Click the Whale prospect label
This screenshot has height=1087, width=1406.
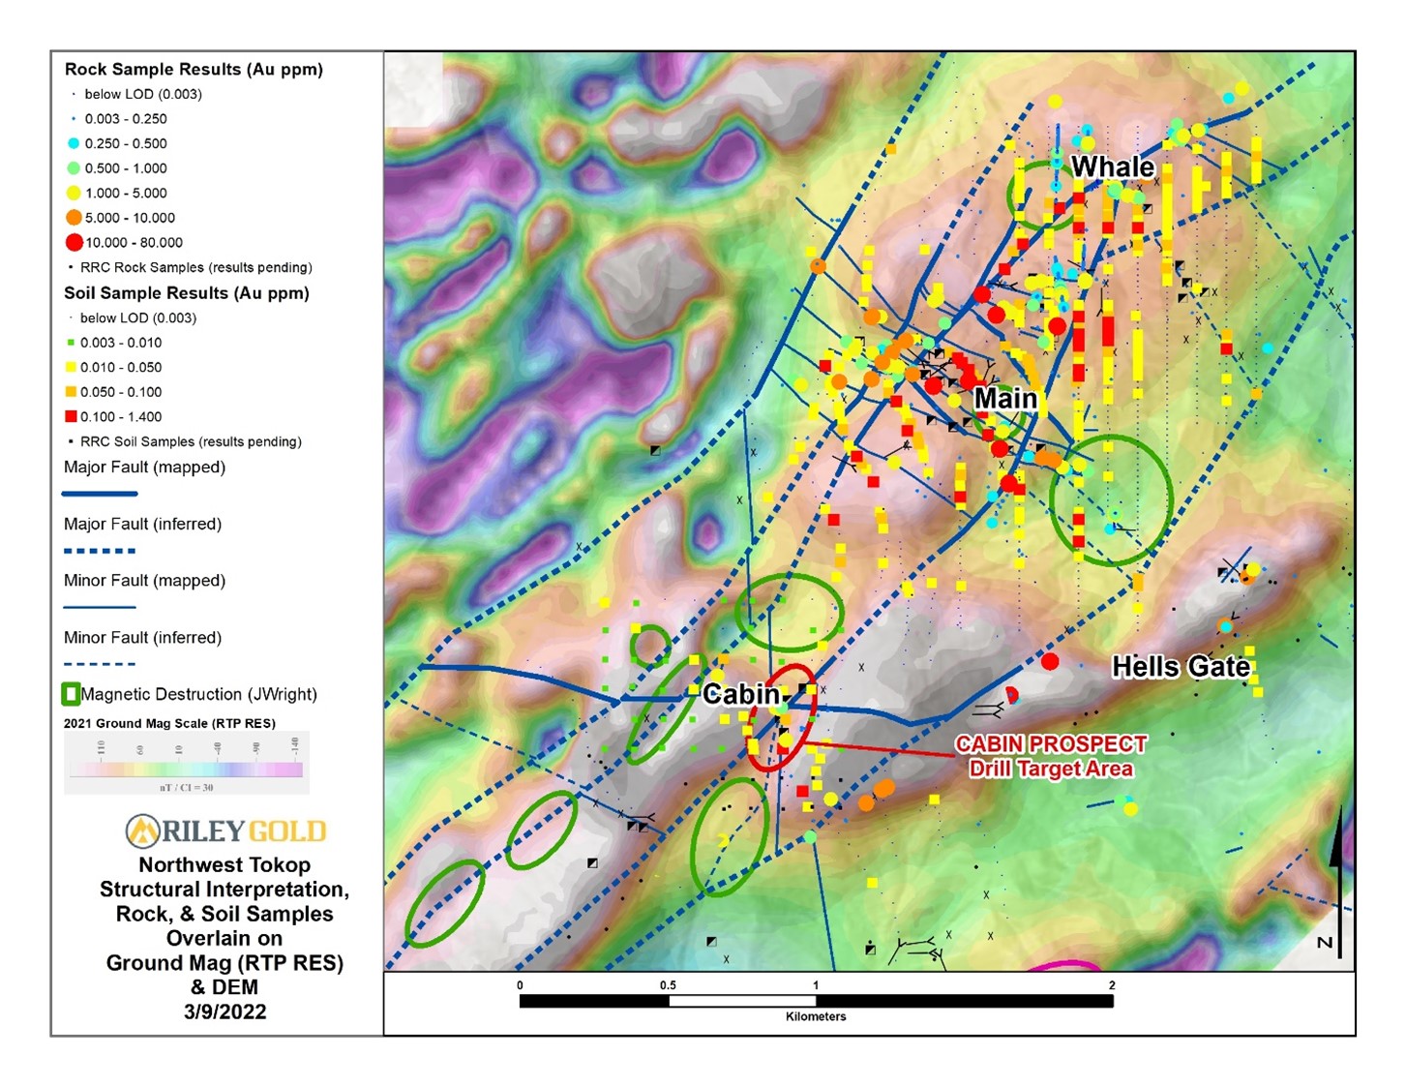pyautogui.click(x=1112, y=167)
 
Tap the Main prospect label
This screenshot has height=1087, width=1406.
pyautogui.click(x=1005, y=399)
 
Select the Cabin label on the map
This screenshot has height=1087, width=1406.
pyautogui.click(x=740, y=694)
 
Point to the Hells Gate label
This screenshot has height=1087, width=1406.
pyautogui.click(x=1181, y=667)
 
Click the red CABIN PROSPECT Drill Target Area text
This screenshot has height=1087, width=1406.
pyautogui.click(x=1051, y=756)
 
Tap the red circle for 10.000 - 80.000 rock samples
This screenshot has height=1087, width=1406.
pyautogui.click(x=74, y=243)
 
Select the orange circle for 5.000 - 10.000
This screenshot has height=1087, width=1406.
pyautogui.click(x=74, y=218)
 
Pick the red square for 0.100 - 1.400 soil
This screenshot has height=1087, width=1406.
pyautogui.click(x=71, y=417)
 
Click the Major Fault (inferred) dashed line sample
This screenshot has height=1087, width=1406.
pyautogui.click(x=100, y=551)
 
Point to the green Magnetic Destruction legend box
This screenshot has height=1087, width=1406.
pyautogui.click(x=71, y=694)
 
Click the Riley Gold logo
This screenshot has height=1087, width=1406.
pyautogui.click(x=225, y=830)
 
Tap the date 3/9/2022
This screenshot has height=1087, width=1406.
pyautogui.click(x=224, y=1012)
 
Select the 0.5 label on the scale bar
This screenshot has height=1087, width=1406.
pyautogui.click(x=668, y=985)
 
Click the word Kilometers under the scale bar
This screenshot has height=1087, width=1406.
pyautogui.click(x=816, y=1016)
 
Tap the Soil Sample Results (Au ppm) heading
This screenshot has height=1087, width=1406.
pyautogui.click(x=187, y=293)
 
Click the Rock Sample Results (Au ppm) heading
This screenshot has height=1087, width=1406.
pyautogui.click(x=194, y=70)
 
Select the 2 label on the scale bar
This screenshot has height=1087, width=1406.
pyautogui.click(x=1112, y=985)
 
